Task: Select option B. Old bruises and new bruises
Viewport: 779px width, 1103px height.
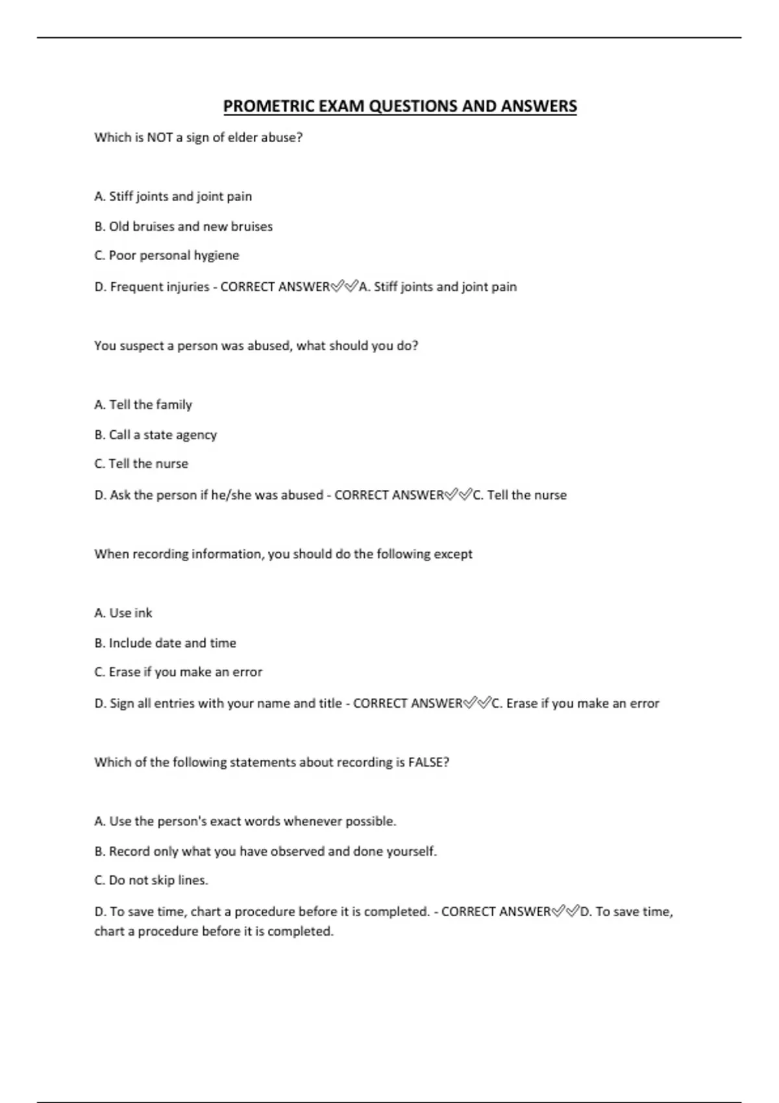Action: pos(183,226)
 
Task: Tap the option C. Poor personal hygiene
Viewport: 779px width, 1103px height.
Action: pos(166,256)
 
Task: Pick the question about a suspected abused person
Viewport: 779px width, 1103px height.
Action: pos(256,346)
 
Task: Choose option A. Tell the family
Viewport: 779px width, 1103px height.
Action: pos(143,405)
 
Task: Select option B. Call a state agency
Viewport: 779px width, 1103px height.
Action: pos(155,435)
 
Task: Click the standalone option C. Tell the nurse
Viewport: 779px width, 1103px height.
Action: pos(141,464)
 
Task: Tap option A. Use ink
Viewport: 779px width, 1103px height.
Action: pos(123,613)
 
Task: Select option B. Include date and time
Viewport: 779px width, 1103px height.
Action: pos(165,643)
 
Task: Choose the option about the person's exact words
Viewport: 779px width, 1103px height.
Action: pos(245,821)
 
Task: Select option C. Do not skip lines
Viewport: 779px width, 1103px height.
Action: pos(151,880)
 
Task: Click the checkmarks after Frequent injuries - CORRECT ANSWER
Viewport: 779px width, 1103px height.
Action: pos(344,287)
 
